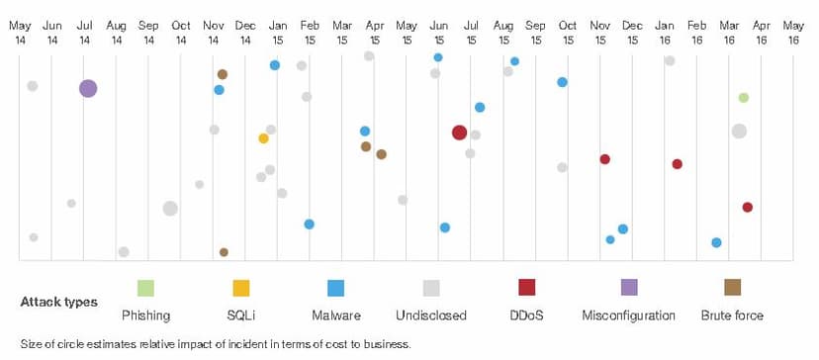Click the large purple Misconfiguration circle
88,88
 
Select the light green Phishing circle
744,98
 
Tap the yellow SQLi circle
264,138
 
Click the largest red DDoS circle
459,133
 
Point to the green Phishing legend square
145,288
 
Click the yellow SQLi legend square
240,288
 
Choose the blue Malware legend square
336,288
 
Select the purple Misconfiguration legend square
629,288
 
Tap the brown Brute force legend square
732,288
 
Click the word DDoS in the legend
526,315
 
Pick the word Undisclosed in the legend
431,315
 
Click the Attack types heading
59,303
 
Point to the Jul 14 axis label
85,32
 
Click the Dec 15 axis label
632,32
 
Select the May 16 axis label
793,32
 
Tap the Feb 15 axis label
310,32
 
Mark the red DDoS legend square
526,288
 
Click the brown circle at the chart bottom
224,252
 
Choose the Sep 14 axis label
148,32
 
